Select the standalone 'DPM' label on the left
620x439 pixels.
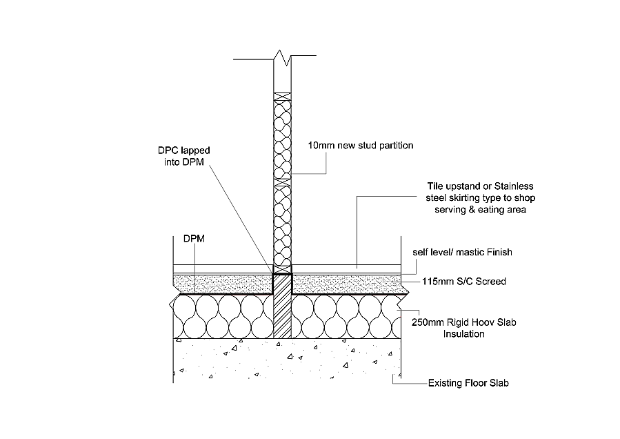[193, 238]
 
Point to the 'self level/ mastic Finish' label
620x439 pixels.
[462, 253]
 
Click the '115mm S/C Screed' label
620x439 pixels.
[463, 282]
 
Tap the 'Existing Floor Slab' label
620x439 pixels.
[468, 382]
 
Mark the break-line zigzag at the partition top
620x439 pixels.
[283, 58]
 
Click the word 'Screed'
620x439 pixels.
[492, 282]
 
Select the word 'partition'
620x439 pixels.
[394, 146]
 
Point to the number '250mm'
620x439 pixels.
[428, 322]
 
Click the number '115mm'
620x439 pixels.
[438, 282]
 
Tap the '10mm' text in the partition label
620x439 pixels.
[318, 146]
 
